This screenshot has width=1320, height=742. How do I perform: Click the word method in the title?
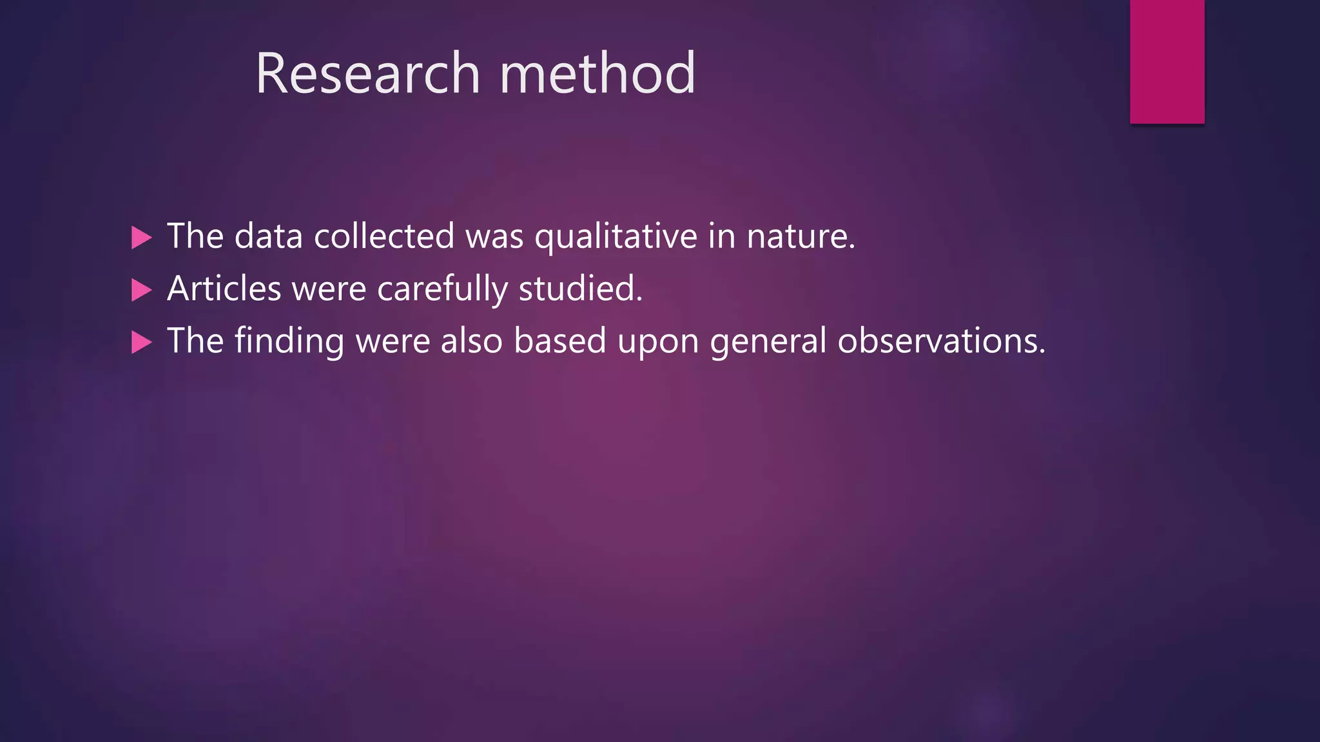point(597,73)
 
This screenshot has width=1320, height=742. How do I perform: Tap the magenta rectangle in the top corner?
point(1167,61)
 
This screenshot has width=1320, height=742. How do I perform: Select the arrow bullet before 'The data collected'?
point(141,238)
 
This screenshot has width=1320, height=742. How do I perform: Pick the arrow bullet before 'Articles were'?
point(141,290)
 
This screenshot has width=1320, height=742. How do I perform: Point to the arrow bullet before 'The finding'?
point(141,342)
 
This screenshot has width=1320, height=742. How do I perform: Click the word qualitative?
point(616,236)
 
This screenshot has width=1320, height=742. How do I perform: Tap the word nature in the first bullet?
point(800,236)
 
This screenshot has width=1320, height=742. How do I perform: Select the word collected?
point(384,236)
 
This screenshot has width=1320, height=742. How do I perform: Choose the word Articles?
point(224,288)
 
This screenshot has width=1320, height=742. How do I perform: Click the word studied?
point(580,288)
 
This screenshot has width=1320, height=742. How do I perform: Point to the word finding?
point(289,341)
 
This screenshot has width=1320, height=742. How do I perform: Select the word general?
point(768,341)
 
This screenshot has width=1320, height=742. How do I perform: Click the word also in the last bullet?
point(471,340)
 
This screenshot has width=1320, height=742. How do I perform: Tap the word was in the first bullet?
point(494,237)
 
